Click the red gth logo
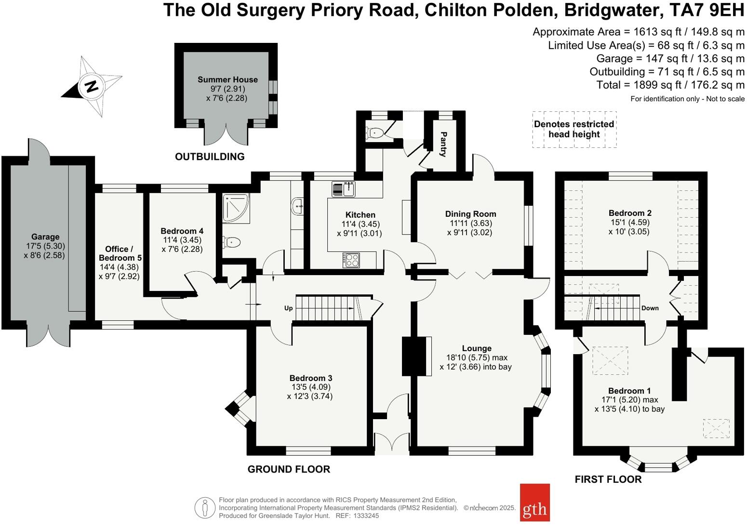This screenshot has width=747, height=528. coord(534,502)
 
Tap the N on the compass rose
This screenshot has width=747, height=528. coord(91,86)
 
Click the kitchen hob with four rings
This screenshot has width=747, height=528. coord(352,260)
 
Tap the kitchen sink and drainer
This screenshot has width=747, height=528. coord(343,189)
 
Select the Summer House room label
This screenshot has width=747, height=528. coord(227,79)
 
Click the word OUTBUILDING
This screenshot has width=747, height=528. coord(210,157)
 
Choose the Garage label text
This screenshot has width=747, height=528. coord(45,237)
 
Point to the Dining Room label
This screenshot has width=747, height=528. coord(470,214)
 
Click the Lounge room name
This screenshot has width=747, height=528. coord(477,348)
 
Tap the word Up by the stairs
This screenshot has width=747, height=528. coord(288,308)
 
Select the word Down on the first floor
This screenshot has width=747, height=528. coord(650,308)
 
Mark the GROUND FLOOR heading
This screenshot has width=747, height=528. coord(289,469)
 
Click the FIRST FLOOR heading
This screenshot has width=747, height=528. coord(608,479)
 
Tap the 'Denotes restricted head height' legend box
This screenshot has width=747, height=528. coord(574,129)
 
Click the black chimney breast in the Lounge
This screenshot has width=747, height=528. coord(410,356)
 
